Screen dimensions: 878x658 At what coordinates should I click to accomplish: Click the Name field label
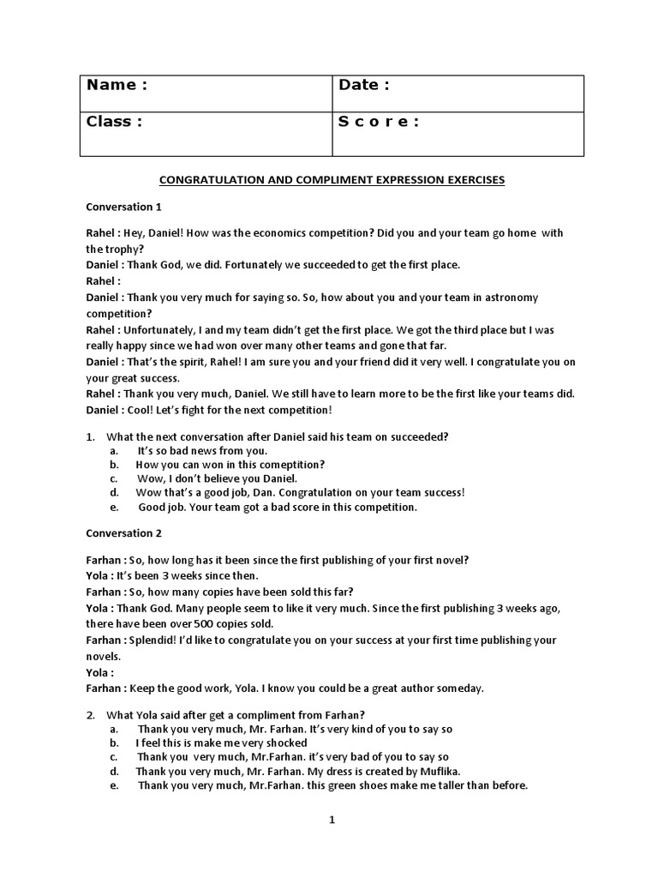(117, 85)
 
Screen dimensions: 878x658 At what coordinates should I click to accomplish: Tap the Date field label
(364, 85)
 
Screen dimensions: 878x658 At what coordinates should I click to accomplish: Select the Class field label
(114, 122)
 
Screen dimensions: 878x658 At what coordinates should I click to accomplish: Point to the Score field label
(379, 122)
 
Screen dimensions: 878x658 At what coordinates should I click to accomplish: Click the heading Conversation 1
(123, 207)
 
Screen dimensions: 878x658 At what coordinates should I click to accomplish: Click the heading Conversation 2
(123, 533)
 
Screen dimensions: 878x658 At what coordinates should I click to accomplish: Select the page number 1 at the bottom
(332, 821)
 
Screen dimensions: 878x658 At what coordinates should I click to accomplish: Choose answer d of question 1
(300, 493)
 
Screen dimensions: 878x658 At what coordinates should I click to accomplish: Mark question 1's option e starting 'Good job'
(278, 507)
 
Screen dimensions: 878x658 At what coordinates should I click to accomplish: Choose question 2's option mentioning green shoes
(332, 785)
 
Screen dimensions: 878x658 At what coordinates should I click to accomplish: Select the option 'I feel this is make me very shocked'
(221, 743)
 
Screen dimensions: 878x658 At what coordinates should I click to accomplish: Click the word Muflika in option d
(440, 772)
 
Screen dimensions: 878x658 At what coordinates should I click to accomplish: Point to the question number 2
(89, 715)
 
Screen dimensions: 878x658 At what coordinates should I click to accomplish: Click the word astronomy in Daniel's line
(505, 298)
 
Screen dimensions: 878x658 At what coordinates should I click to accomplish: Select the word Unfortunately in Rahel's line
(160, 330)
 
